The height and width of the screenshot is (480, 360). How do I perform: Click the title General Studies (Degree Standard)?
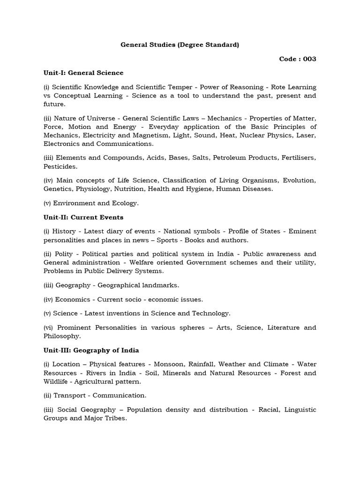click(x=180, y=45)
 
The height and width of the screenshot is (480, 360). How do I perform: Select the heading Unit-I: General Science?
click(x=83, y=73)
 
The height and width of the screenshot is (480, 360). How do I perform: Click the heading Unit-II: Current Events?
click(x=83, y=217)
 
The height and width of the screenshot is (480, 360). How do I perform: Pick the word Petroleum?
click(x=228, y=158)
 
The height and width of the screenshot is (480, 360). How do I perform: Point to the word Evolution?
click(x=300, y=180)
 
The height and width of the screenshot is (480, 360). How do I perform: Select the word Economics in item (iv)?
click(x=73, y=299)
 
